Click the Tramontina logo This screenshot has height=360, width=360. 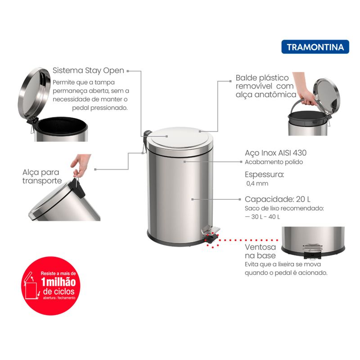315,47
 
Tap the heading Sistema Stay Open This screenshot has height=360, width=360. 88,71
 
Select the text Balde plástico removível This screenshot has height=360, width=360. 262,82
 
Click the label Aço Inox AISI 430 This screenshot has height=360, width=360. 275,153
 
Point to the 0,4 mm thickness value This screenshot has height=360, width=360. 257,184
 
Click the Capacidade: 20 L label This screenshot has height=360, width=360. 278,199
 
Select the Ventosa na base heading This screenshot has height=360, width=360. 261,251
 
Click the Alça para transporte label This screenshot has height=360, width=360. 42,176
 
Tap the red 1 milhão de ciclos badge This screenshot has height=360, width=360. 51,286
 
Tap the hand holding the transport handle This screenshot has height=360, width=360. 81,164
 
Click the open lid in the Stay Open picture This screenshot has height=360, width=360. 34,93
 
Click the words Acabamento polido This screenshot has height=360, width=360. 274,162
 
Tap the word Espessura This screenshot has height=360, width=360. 264,175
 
